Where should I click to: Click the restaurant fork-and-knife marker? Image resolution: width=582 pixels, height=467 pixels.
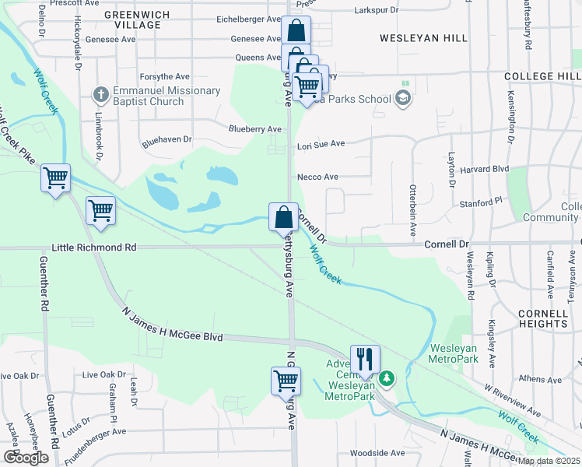[x=365, y=359]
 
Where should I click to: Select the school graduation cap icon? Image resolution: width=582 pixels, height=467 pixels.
[x=402, y=98]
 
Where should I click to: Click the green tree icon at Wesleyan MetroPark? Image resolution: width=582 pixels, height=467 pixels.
[x=387, y=378]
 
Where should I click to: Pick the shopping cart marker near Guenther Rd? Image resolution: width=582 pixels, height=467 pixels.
[x=56, y=178]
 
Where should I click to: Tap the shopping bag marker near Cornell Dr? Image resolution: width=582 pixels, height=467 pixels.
[x=283, y=216]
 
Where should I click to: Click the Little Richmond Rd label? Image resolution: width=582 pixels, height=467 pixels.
[x=93, y=248]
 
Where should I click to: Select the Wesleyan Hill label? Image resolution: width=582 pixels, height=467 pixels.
[x=423, y=38]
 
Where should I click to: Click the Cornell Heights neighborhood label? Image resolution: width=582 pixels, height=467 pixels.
[x=542, y=318]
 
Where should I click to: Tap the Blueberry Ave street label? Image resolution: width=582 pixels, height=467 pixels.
[x=254, y=129]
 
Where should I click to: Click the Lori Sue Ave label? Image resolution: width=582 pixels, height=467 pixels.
[x=321, y=144]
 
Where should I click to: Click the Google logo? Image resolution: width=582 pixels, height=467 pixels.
[x=26, y=458]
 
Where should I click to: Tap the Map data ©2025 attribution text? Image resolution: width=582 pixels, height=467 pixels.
[x=549, y=461]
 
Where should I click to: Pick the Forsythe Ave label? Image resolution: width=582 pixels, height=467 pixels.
[x=164, y=77]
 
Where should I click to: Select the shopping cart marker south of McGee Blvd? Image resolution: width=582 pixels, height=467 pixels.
[x=286, y=381]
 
